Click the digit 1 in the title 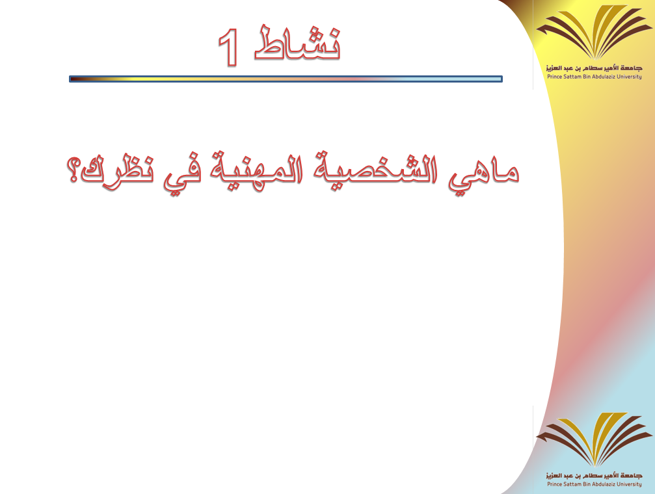click(x=228, y=47)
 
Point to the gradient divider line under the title click(x=286, y=79)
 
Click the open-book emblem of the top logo click(x=594, y=32)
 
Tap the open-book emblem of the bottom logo click(x=594, y=439)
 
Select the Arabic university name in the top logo click(x=594, y=68)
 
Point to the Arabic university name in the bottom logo click(x=594, y=476)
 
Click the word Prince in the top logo click(x=554, y=77)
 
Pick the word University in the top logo click(x=630, y=77)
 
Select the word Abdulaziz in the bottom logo click(x=604, y=484)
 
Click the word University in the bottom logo click(x=630, y=484)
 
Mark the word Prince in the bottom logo click(x=554, y=484)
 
